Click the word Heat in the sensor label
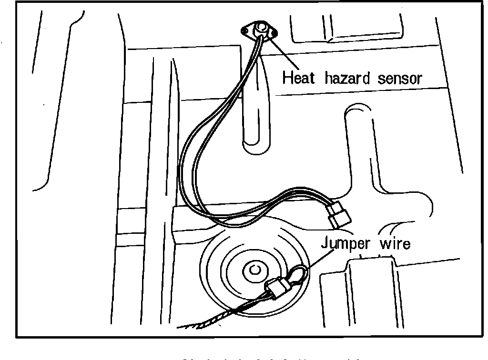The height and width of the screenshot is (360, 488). tap(299, 77)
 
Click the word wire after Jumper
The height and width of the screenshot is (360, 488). tap(394, 243)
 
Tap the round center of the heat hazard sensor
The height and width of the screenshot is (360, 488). tap(261, 28)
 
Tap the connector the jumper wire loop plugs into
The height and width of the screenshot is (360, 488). tap(277, 288)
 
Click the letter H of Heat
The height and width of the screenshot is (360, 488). tap(287, 77)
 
